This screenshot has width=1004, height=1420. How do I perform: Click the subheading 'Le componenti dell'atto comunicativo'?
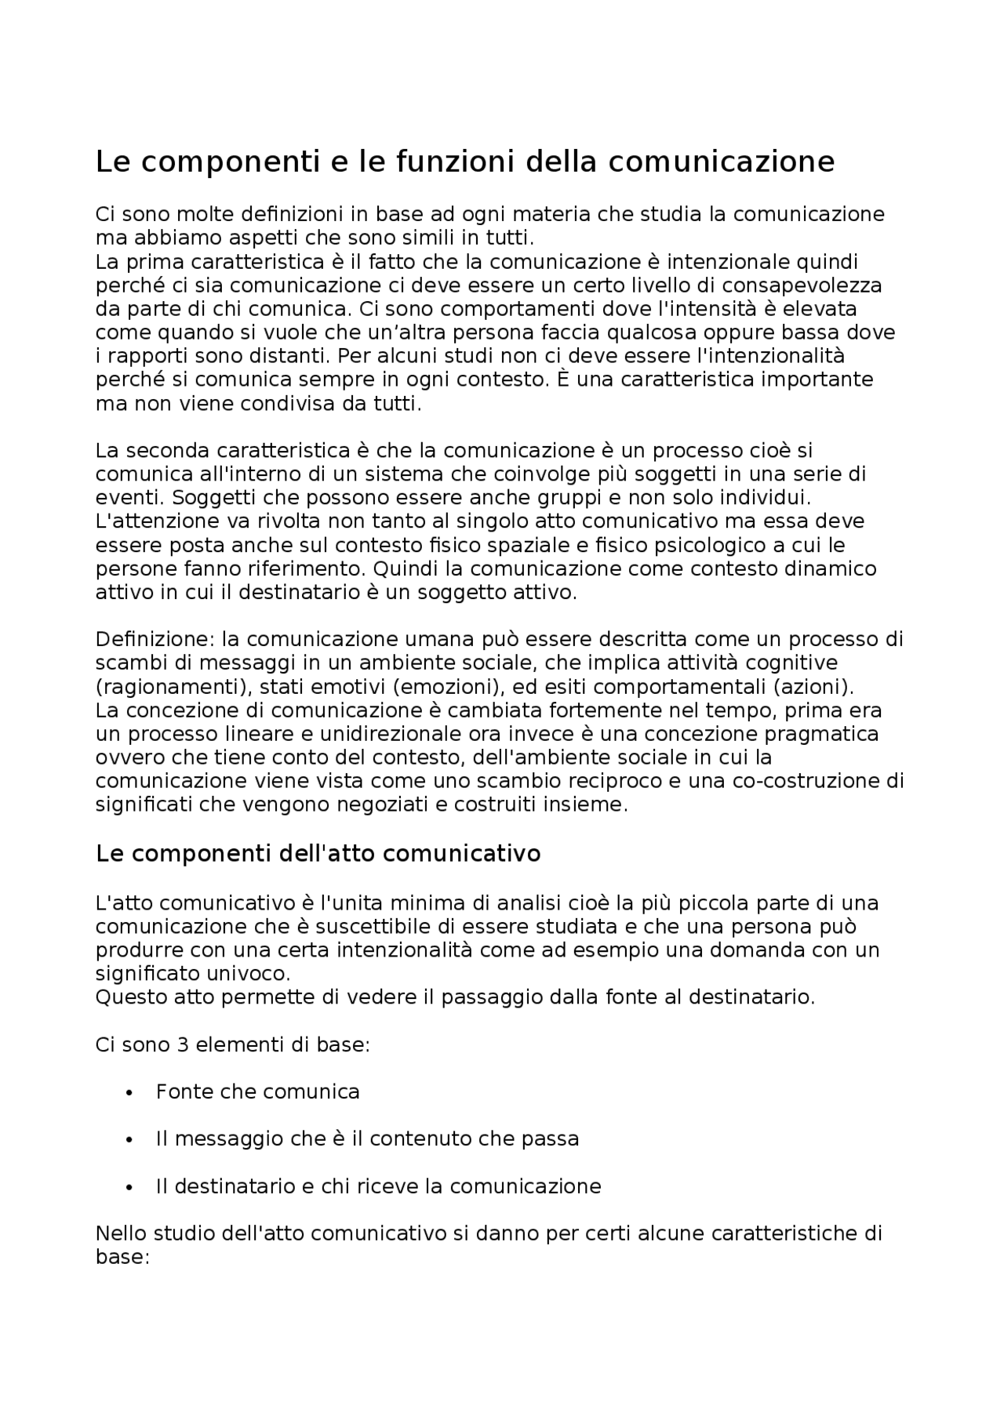click(318, 853)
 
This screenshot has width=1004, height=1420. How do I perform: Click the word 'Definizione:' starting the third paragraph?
click(155, 639)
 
